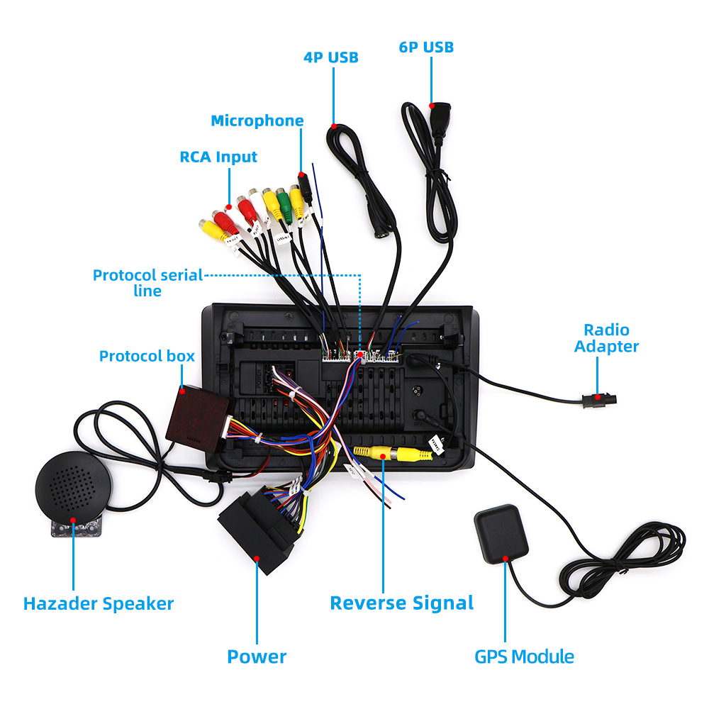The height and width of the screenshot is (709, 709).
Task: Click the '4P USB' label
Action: [x=331, y=57]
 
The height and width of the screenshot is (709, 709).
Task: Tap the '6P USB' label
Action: [x=425, y=47]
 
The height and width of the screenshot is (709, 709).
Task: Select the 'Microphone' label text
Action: [x=257, y=121]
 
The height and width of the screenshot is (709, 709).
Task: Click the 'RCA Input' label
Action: [x=218, y=157]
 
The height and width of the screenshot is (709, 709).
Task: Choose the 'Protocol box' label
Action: [x=146, y=356]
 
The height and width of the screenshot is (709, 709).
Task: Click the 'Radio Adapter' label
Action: [x=606, y=338]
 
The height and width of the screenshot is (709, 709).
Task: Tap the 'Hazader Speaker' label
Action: [x=98, y=604]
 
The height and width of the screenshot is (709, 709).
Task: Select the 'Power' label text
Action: [x=256, y=657]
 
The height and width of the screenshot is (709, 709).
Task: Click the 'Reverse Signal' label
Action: [x=401, y=603]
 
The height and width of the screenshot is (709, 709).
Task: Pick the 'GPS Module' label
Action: [x=523, y=657]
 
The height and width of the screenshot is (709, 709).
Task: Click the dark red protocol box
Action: [x=194, y=415]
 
